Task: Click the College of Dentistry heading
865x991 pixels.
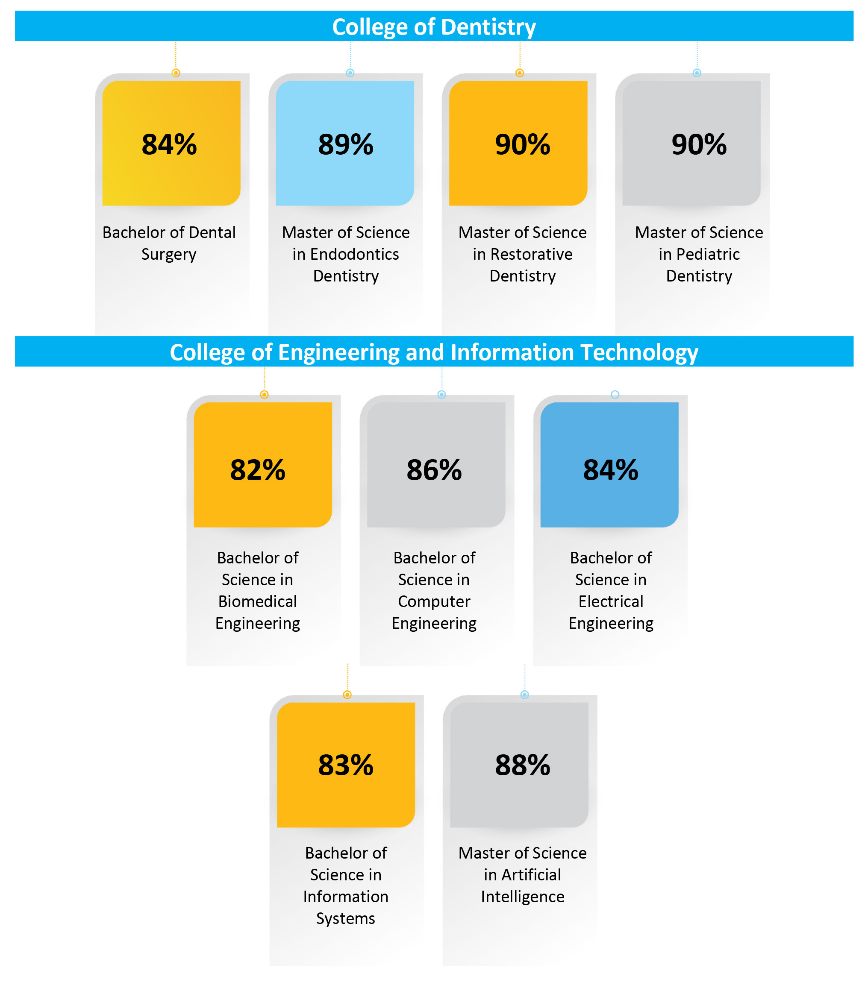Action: click(x=433, y=27)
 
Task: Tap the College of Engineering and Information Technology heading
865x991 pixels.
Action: click(x=433, y=352)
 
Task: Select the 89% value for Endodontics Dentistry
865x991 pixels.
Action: click(x=346, y=144)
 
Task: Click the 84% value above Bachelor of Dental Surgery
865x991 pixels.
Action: click(x=169, y=144)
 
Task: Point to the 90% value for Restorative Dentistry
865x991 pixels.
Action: click(x=522, y=144)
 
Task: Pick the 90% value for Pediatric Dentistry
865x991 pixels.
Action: click(x=699, y=144)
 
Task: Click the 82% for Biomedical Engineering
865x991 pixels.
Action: click(x=257, y=469)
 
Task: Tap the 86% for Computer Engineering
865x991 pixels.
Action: click(x=434, y=469)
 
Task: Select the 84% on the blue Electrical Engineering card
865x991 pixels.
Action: click(x=611, y=469)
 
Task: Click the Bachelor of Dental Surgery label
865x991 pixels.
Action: click(x=169, y=243)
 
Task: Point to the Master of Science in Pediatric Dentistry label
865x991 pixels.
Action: click(x=699, y=254)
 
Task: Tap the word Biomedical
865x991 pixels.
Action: click(x=257, y=601)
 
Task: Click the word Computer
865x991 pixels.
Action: click(x=434, y=601)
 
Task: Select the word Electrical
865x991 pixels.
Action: click(x=611, y=601)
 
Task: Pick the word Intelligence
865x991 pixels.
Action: click(x=522, y=897)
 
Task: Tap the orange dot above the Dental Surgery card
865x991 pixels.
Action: click(x=176, y=73)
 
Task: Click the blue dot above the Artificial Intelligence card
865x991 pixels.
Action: click(x=525, y=695)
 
